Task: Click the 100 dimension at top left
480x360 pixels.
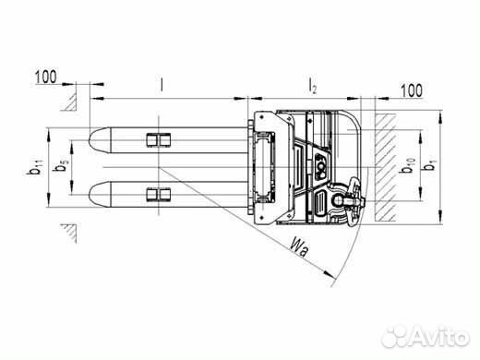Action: point(47,75)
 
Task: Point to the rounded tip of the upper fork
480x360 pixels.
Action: point(94,141)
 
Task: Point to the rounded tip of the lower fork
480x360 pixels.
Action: point(94,195)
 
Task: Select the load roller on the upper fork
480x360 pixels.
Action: point(159,140)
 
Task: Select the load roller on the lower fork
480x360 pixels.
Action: point(159,195)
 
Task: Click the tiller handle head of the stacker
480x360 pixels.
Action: point(349,198)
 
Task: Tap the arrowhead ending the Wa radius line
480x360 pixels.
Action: point(330,273)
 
